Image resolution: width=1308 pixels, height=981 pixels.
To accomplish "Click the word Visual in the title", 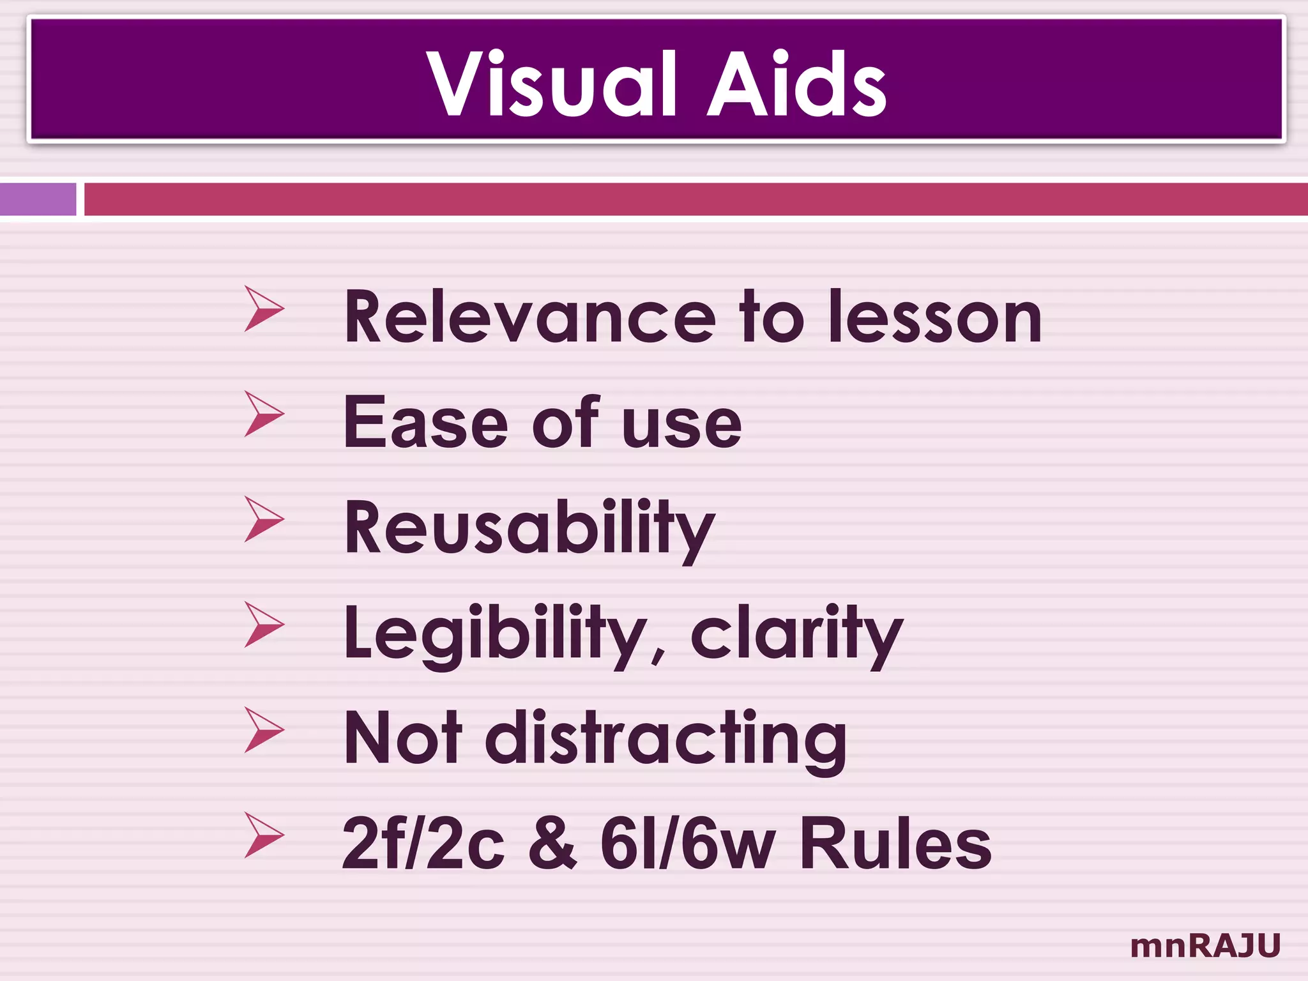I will (x=551, y=84).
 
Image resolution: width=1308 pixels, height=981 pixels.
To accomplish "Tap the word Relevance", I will (x=529, y=317).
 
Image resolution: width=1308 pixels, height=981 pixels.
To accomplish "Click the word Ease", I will (x=425, y=423).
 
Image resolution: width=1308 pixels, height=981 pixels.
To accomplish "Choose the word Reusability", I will (x=529, y=529).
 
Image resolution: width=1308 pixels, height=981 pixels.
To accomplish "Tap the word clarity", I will (x=796, y=634).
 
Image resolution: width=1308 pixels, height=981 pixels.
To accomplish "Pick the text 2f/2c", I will (x=423, y=844).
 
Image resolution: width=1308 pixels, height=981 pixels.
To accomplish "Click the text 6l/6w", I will (x=688, y=844).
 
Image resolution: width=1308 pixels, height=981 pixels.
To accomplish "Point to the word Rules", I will (x=895, y=844).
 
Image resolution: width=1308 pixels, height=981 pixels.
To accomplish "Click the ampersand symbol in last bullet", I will (x=553, y=844).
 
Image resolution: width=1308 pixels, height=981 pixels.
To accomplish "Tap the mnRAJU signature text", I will (x=1205, y=946).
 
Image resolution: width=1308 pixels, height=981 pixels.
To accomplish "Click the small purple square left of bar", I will (x=38, y=199).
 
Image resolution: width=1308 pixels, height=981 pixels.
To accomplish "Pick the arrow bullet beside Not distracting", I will (x=262, y=730).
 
